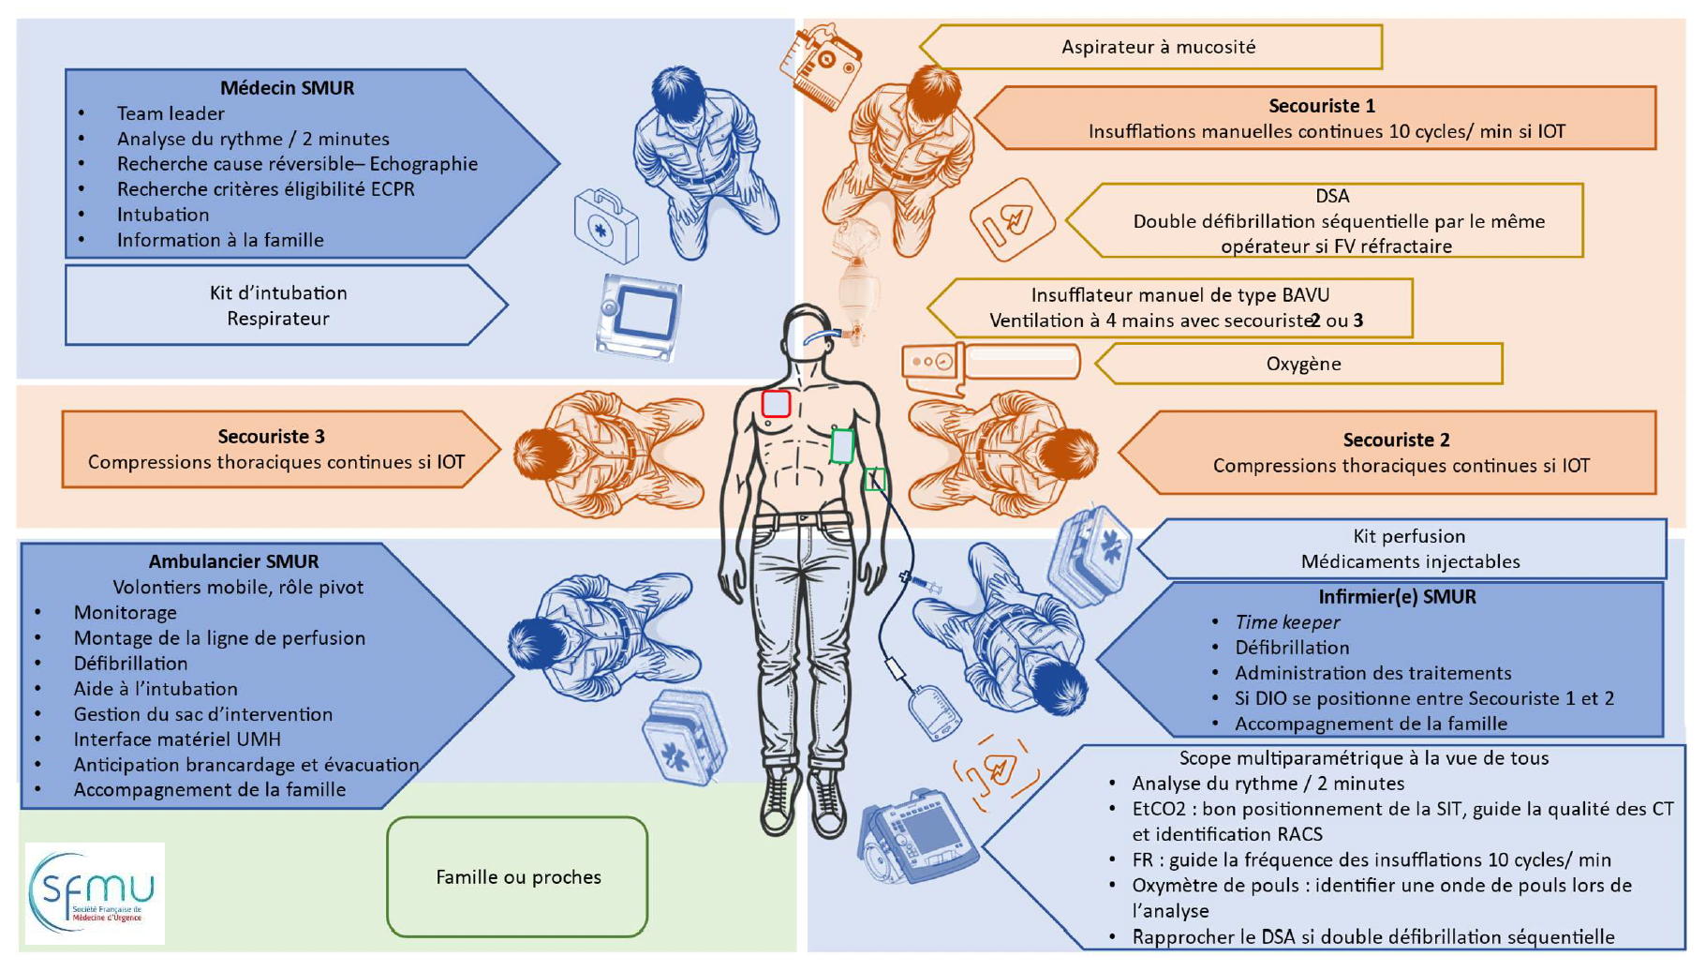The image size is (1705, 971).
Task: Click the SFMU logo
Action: coord(94,893)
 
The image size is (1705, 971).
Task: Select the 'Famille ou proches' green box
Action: coord(518,877)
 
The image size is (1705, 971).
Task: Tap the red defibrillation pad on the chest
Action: coord(776,404)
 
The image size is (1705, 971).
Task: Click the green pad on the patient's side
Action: coord(842,446)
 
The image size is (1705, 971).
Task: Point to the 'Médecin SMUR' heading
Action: coord(287,88)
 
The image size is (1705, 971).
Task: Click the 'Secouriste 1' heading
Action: coord(1321,106)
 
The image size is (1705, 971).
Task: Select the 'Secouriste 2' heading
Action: coord(1396,440)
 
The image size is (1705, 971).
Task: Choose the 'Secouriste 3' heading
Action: coord(271,437)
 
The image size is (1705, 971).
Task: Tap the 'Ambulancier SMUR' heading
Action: coord(233,561)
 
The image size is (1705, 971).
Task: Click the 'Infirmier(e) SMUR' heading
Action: coord(1397,597)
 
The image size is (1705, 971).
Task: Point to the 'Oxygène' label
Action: coord(1303,364)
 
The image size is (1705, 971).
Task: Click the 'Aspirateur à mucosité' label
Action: coord(1158,47)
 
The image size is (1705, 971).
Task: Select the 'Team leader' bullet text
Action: coord(170,113)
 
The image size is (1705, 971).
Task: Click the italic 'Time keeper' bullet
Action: coord(1287,622)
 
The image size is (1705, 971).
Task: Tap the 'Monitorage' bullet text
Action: coord(125,613)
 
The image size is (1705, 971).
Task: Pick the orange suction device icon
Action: coord(821,66)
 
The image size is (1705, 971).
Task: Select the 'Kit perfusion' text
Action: coord(1409,536)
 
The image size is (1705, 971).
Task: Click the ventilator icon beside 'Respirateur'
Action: coord(640,317)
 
